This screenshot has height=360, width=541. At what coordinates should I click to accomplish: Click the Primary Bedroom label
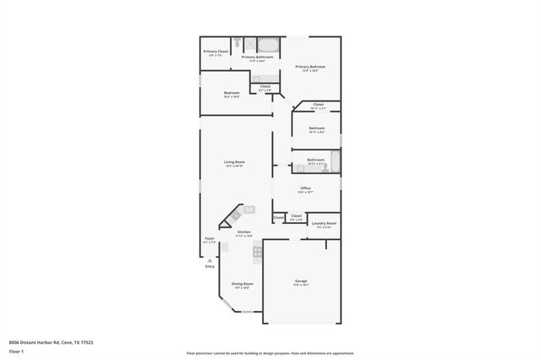tap(309, 67)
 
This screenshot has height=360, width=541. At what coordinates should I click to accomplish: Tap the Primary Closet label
tap(216, 52)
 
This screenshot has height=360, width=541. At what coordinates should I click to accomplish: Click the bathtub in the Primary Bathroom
tap(268, 45)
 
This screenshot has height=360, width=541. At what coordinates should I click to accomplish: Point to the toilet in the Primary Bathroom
tap(239, 43)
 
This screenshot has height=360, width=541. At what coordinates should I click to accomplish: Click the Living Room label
tap(234, 161)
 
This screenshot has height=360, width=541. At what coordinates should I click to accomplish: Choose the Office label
tap(305, 188)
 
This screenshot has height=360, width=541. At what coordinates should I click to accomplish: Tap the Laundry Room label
tap(324, 223)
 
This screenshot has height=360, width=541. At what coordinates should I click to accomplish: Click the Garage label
tap(301, 281)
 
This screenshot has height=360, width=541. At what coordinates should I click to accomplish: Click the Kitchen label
tap(244, 232)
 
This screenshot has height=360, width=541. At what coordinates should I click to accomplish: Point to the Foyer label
tap(210, 239)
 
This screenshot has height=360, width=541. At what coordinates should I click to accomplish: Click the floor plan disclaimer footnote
tap(270, 352)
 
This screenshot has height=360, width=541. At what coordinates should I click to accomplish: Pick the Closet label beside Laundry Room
tap(296, 216)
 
